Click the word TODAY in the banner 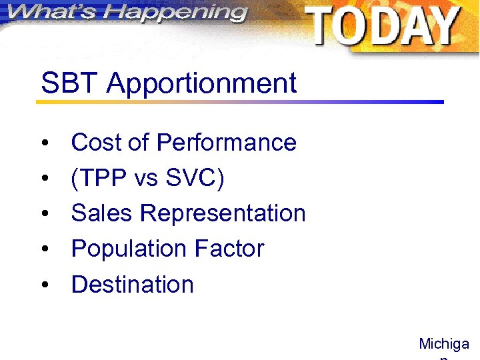click(x=384, y=26)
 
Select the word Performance click(x=226, y=143)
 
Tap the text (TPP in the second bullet click(x=99, y=179)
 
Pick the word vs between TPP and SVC click(x=146, y=179)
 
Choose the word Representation click(x=223, y=214)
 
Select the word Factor click(x=229, y=249)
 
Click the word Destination click(x=132, y=285)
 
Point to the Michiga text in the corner click(x=443, y=345)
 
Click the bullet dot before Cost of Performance click(x=45, y=144)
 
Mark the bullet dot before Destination click(x=45, y=286)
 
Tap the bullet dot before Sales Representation click(x=45, y=215)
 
